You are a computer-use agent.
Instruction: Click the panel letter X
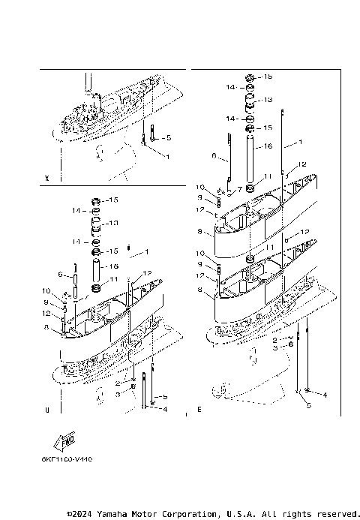(x=47, y=179)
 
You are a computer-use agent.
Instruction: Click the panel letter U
(x=47, y=410)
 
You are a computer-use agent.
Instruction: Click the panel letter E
(x=199, y=410)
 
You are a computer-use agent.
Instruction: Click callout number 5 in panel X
(x=168, y=138)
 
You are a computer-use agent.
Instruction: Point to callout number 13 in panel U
(x=114, y=223)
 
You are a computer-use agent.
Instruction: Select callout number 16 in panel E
(x=268, y=146)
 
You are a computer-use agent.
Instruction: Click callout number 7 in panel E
(x=239, y=189)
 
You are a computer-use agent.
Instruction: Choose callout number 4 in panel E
(x=325, y=393)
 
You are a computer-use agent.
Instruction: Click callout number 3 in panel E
(x=275, y=347)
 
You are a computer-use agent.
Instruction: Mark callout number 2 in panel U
(x=118, y=383)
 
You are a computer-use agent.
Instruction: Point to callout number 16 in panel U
(x=114, y=266)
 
